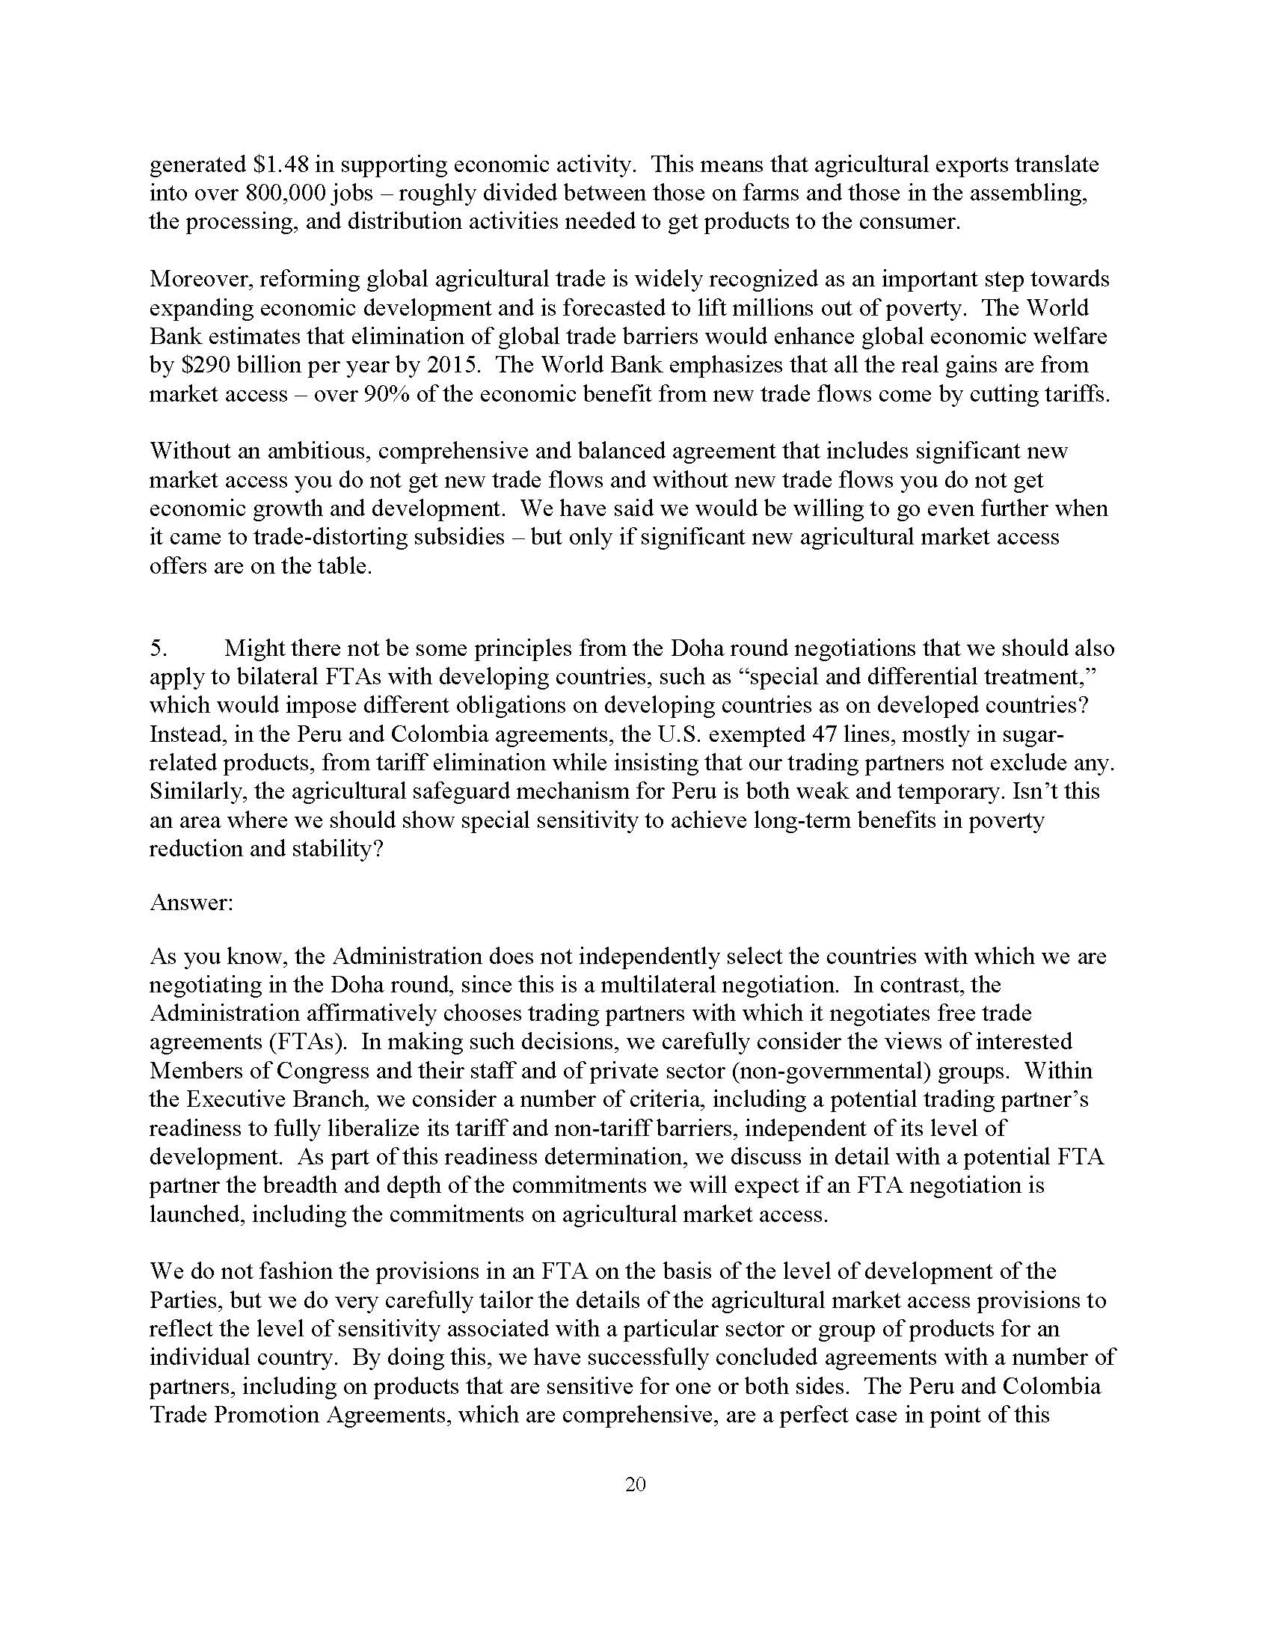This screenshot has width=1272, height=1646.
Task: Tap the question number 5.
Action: [x=157, y=648]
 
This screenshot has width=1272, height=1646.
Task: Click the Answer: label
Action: [x=191, y=902]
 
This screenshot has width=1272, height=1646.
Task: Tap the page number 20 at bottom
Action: [x=635, y=1484]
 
